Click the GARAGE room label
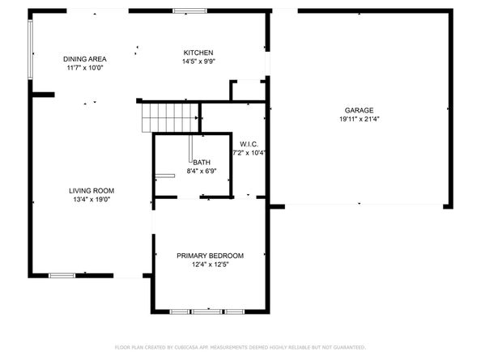pos(359,110)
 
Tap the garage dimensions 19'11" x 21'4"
pos(359,119)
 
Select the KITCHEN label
pos(198,52)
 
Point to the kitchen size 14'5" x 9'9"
pos(198,61)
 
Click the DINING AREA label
pos(85,59)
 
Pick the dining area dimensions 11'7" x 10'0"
pos(85,68)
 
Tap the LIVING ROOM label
pos(91,190)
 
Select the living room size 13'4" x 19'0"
pos(91,199)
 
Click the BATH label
pos(201,163)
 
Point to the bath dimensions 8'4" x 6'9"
pos(201,172)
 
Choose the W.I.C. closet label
pos(249,144)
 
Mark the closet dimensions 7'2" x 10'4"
pos(249,153)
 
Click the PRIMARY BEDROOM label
pos(210,256)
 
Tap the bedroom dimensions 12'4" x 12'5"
pos(210,265)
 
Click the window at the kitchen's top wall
pos(189,11)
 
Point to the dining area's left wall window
pos(31,49)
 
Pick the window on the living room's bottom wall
pos(62,276)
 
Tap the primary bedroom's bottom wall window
pos(207,311)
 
